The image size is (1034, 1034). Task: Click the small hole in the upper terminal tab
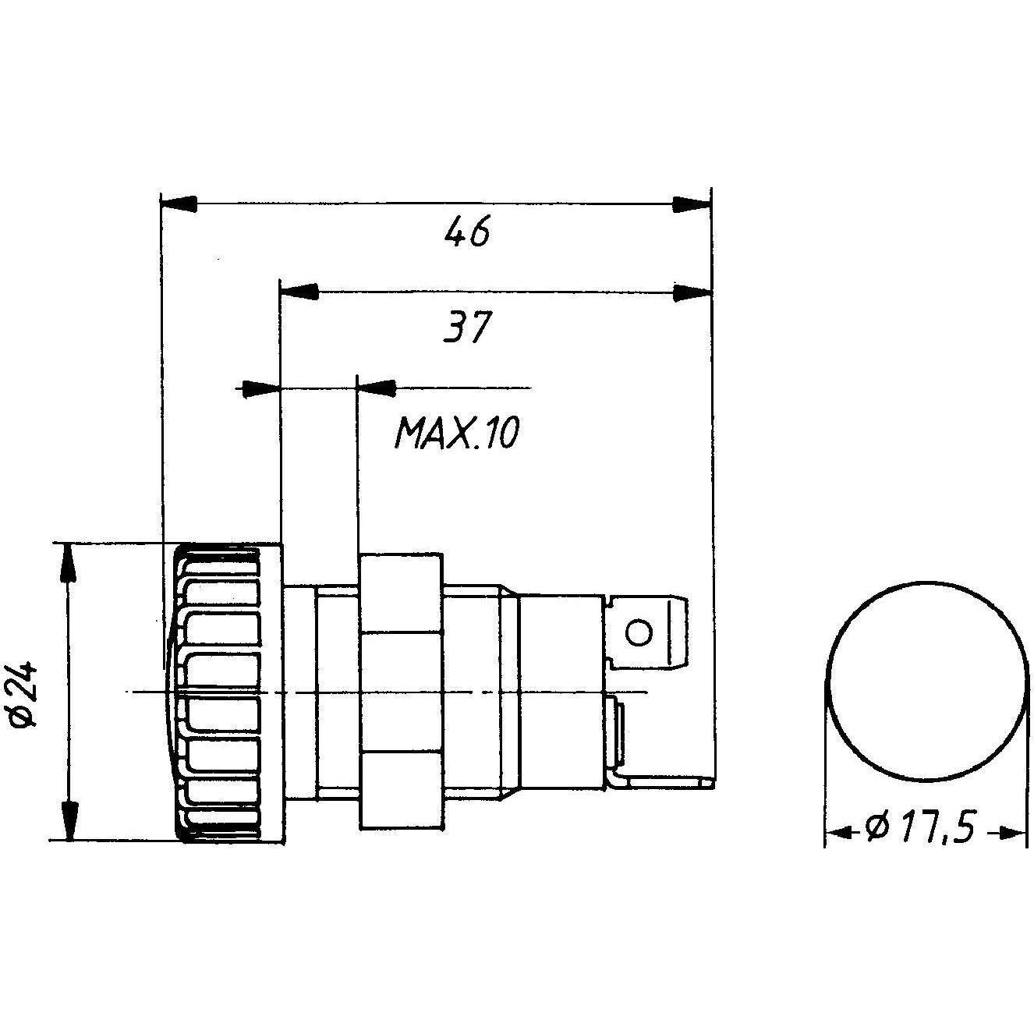tap(639, 632)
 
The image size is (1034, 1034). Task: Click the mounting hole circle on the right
tap(926, 679)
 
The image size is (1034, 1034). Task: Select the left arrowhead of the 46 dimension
tap(178, 205)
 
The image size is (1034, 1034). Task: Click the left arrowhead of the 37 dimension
tap(299, 292)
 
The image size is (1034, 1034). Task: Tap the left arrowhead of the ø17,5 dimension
tap(838, 834)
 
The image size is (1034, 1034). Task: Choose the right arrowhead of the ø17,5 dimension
tap(1013, 834)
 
